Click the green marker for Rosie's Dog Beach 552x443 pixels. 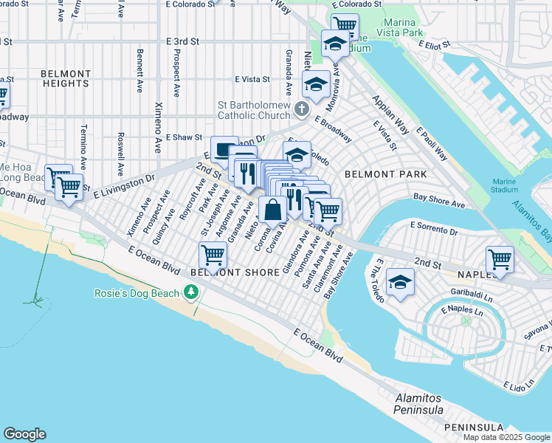tap(192, 293)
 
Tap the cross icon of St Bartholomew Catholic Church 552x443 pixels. tap(301, 110)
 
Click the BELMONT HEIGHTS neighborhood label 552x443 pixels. tap(65, 79)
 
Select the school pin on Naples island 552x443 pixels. tap(400, 281)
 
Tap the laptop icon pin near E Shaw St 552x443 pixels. tap(224, 150)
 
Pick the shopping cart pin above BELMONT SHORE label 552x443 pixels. tap(213, 255)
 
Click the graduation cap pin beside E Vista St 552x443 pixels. tap(316, 83)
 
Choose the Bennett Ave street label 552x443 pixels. tap(139, 70)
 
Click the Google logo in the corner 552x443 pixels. tap(24, 434)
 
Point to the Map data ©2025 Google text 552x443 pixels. tap(506, 437)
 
